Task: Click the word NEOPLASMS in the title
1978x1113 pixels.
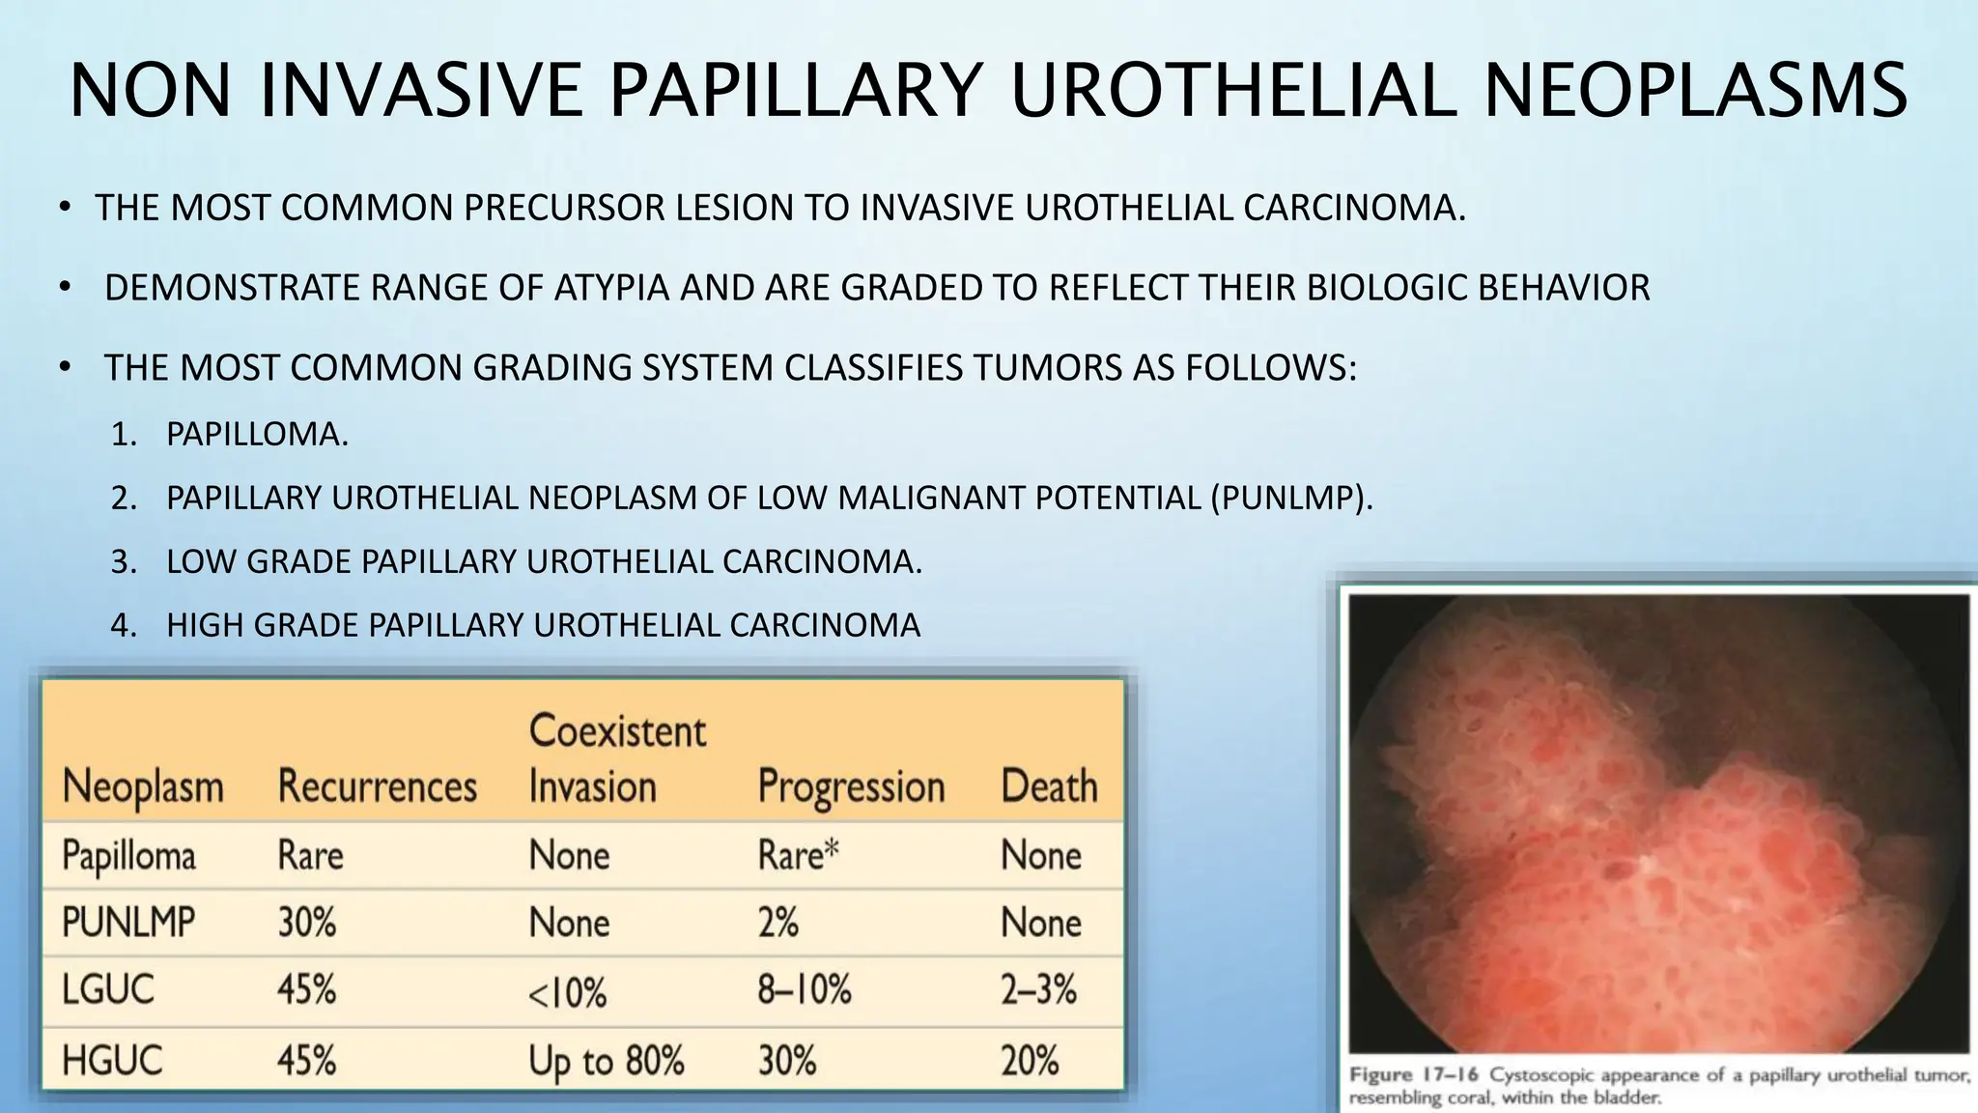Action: (x=1695, y=91)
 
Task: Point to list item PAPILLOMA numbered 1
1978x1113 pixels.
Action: (x=256, y=435)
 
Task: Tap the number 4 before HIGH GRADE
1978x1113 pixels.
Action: (x=123, y=626)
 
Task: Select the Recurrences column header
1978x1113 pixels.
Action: (x=377, y=786)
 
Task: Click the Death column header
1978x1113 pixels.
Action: (x=1049, y=786)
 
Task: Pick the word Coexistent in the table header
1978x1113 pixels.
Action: (x=617, y=731)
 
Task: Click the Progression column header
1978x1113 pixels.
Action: (x=851, y=786)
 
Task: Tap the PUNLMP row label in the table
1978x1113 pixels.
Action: (x=128, y=923)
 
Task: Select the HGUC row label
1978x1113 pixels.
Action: (x=112, y=1061)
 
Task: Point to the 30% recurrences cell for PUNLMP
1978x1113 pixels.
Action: (x=307, y=923)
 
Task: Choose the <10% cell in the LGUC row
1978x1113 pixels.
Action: (x=567, y=992)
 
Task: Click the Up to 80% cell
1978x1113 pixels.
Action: (x=607, y=1061)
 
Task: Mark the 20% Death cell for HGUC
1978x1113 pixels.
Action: (x=1030, y=1061)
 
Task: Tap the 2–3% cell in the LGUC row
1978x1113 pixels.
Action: (x=1038, y=990)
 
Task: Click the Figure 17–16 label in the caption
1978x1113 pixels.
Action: (x=1415, y=1075)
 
